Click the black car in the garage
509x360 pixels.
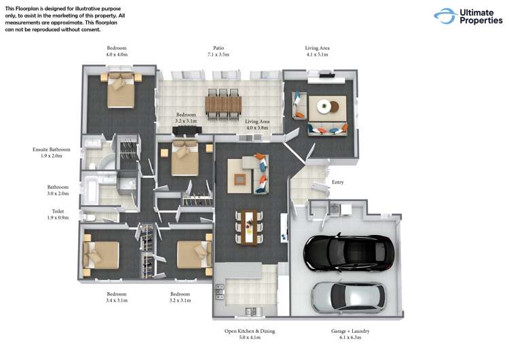[x=349, y=253]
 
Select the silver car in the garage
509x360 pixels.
[x=349, y=298]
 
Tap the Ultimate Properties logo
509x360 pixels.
[x=468, y=16]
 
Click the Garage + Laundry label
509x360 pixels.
[x=350, y=331]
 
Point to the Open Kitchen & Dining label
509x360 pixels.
[x=250, y=331]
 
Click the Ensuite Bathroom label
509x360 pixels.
[x=52, y=149]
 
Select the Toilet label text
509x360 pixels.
[x=58, y=211]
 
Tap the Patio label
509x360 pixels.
[x=219, y=48]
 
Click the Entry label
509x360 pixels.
[x=337, y=182]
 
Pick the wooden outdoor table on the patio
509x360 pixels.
[x=223, y=104]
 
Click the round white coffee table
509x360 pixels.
[x=324, y=106]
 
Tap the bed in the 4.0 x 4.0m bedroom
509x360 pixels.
[x=120, y=90]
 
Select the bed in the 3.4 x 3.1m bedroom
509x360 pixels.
[x=101, y=255]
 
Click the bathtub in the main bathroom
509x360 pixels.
[x=90, y=190]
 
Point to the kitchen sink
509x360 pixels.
[x=250, y=311]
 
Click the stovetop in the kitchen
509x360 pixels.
[x=220, y=291]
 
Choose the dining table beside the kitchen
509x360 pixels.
[x=249, y=227]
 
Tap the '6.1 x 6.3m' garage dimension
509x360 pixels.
[x=350, y=338]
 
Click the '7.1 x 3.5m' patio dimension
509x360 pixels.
[x=219, y=54]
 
